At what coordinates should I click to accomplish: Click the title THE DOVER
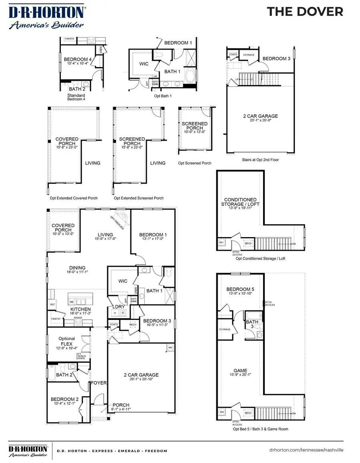point(305,12)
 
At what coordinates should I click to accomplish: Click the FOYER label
point(98,383)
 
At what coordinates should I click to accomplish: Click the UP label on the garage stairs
point(237,80)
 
